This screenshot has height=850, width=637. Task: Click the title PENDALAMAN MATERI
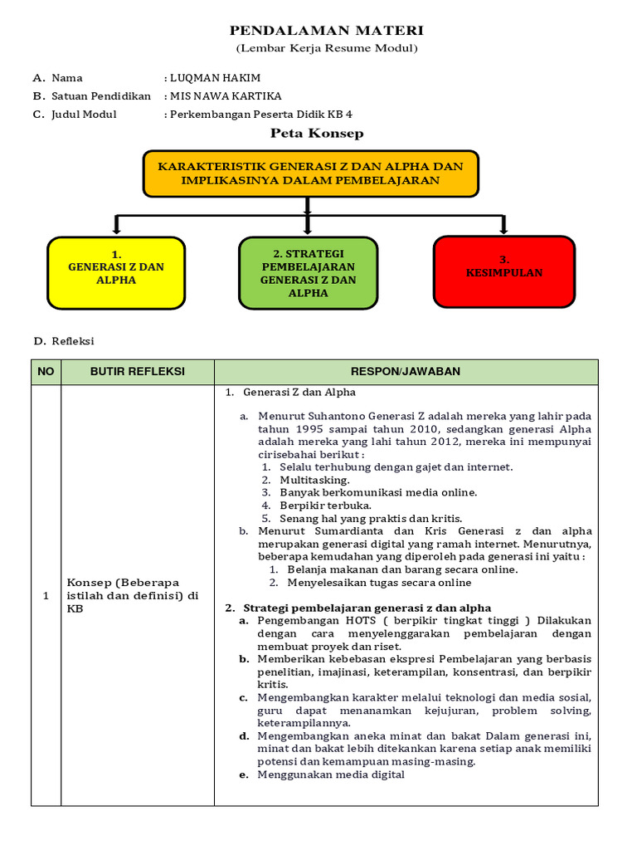pos(326,31)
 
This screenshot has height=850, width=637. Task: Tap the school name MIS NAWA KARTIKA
pos(226,96)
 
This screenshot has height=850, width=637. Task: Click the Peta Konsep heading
pos(317,133)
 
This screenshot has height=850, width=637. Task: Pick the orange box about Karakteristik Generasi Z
pos(311,173)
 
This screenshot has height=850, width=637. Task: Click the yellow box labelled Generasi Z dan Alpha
pos(116,273)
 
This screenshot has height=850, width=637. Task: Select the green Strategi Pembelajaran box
pos(308,272)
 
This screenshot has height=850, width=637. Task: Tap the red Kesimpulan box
pos(504,272)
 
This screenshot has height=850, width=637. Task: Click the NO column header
pos(46,371)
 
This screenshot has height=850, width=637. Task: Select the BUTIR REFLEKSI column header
pos(138,371)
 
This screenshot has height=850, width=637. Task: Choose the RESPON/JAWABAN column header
pos(406,371)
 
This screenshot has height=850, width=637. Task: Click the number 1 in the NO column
pos(46,595)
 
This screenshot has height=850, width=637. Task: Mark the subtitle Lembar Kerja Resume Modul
pos(326,48)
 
